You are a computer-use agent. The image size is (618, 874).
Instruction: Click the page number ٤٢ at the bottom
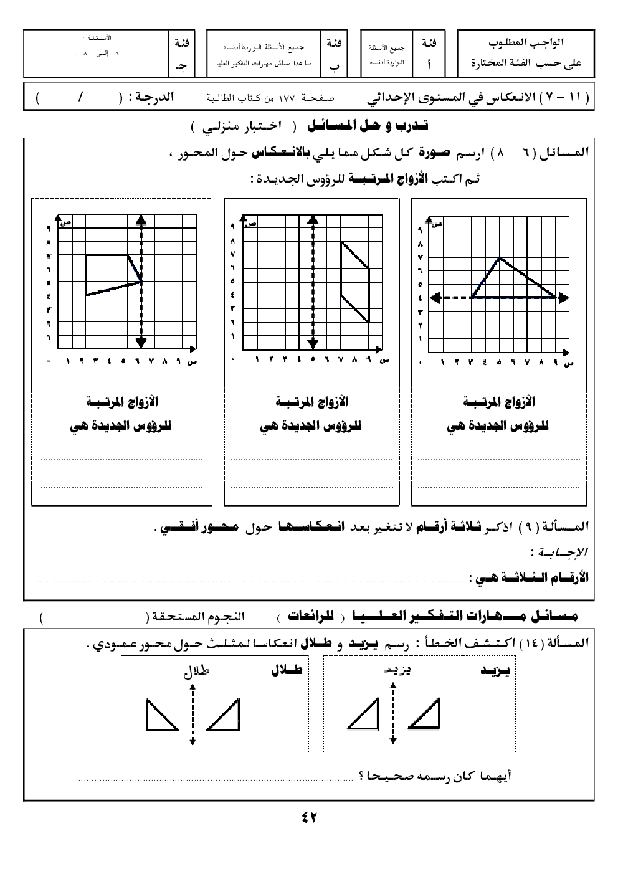309,817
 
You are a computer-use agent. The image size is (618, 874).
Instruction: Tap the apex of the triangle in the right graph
499,257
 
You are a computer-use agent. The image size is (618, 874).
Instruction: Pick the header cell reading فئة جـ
182,53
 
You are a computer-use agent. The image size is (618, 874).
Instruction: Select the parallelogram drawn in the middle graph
355,282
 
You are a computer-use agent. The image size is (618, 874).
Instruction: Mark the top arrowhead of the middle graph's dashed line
313,219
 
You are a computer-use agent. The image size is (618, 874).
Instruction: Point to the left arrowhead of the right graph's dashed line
434,298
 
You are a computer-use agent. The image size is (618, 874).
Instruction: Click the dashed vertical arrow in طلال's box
193,714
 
